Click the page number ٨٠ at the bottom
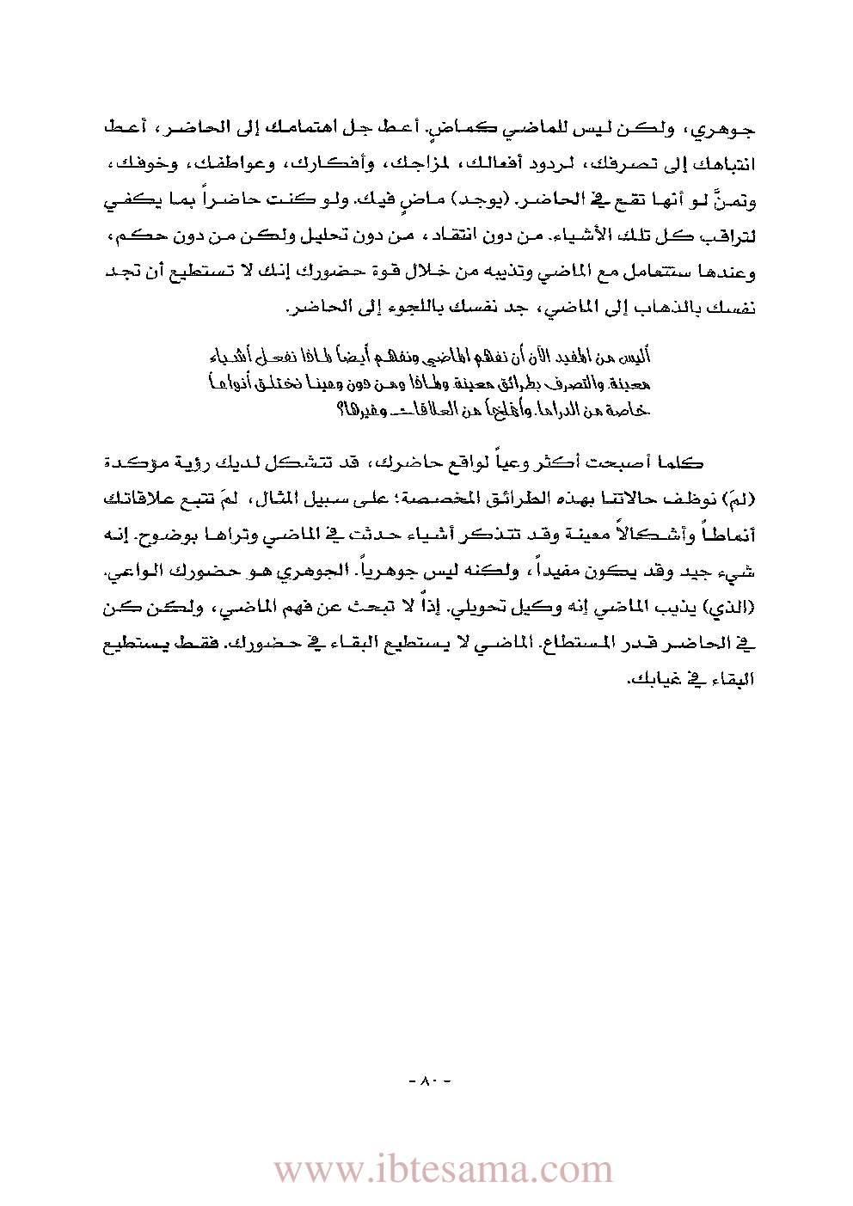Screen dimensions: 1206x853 coord(427,1081)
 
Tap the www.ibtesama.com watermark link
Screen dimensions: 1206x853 coord(443,1170)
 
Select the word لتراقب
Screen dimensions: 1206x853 coord(729,236)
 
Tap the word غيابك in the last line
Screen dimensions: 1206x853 coord(654,679)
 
